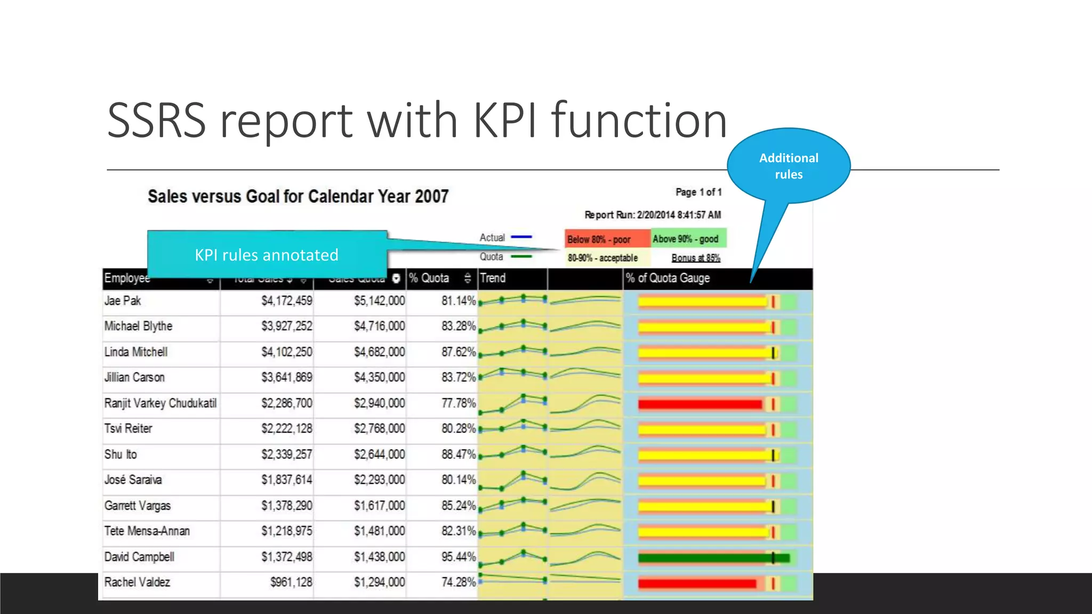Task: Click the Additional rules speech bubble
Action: [x=789, y=166]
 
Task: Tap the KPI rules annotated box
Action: [x=267, y=255]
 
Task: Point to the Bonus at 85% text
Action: [x=695, y=258]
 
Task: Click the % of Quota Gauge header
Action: [x=668, y=278]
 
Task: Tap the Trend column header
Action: [x=493, y=278]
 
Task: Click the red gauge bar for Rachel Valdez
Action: [x=696, y=584]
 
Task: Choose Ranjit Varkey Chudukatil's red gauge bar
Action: [x=699, y=405]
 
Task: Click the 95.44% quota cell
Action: [x=458, y=557]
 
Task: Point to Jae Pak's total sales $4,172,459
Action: [x=286, y=301]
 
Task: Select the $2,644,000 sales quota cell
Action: [x=379, y=455]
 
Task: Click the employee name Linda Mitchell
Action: [x=136, y=352]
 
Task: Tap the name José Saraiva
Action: [x=133, y=480]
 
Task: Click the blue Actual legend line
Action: [x=521, y=237]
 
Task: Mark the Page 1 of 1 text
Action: [x=698, y=192]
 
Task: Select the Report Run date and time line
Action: [x=652, y=215]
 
